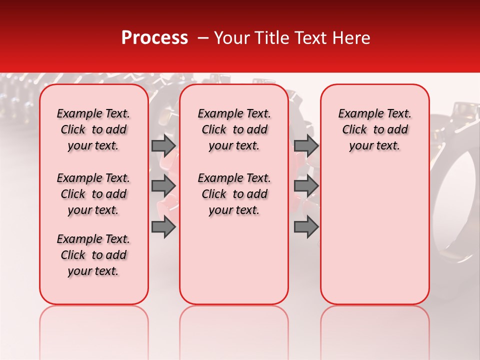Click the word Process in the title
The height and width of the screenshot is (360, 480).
coord(154,38)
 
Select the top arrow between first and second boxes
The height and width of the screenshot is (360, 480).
coord(163,145)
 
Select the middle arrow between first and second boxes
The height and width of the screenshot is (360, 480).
coord(163,186)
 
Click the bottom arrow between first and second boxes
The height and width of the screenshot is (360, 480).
coord(163,227)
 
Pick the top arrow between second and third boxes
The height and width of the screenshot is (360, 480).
coord(306,145)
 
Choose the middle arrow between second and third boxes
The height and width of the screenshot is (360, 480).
coord(306,186)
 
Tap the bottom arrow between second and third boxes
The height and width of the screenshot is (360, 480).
coord(306,227)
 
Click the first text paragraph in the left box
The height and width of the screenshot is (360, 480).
coord(93,129)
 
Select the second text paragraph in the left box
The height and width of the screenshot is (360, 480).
coord(93,194)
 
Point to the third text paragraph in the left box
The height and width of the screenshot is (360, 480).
coord(93,255)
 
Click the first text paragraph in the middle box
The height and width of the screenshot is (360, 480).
coord(234,129)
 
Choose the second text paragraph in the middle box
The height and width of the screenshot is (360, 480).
coord(234,194)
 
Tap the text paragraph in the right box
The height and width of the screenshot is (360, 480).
coord(375,129)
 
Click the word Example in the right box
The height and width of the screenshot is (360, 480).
coord(357,113)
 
